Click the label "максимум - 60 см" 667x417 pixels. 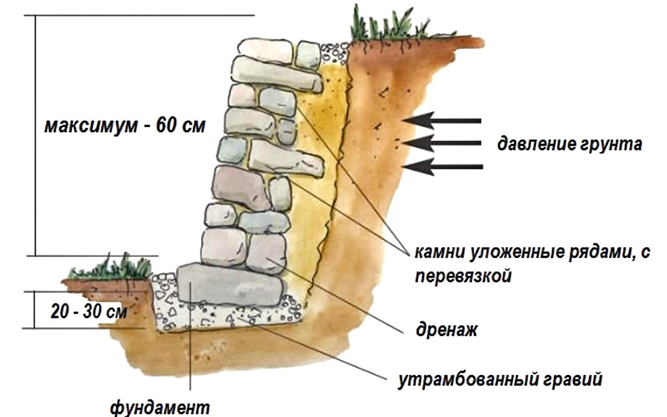pyautogui.click(x=125, y=126)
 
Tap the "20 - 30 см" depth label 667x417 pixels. pyautogui.click(x=89, y=312)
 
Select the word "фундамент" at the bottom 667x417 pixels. pyautogui.click(x=160, y=408)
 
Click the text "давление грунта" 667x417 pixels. pyautogui.click(x=570, y=144)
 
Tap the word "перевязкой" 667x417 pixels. pyautogui.click(x=463, y=276)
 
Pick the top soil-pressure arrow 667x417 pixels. pyautogui.click(x=442, y=120)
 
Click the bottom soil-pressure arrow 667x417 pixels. pyautogui.click(x=443, y=166)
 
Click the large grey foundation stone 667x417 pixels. pyautogui.click(x=231, y=285)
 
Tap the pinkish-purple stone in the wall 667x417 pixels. pyautogui.click(x=241, y=188)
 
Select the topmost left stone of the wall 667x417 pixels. pyautogui.click(x=265, y=51)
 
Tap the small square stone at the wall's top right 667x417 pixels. pyautogui.click(x=308, y=55)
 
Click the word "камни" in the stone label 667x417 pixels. pyautogui.click(x=440, y=253)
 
